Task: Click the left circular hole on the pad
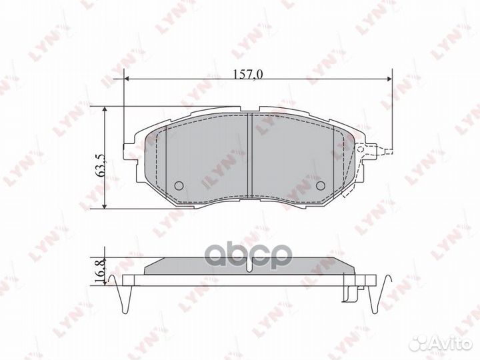[178, 186]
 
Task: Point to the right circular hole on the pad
[320, 186]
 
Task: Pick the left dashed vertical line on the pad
[158, 160]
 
